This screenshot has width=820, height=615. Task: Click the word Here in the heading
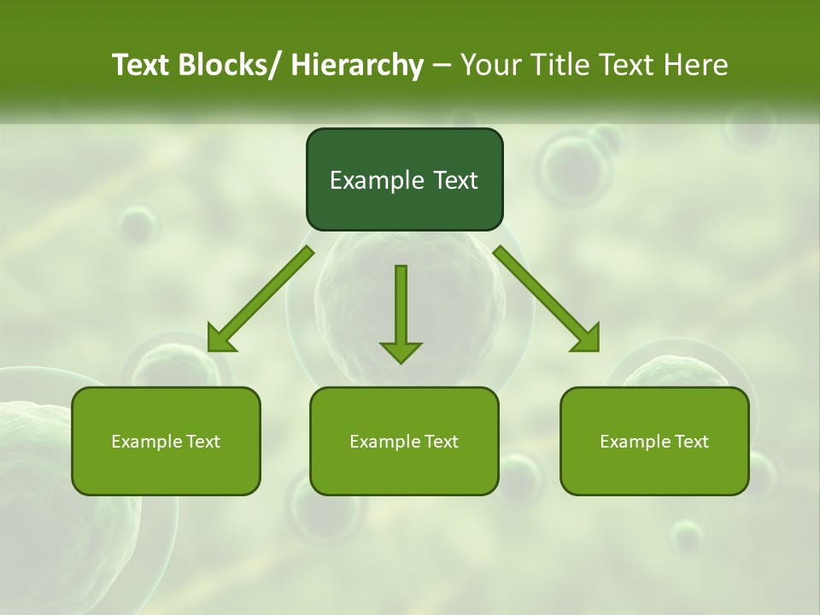pos(697,65)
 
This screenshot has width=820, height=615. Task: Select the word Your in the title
pos(490,65)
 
